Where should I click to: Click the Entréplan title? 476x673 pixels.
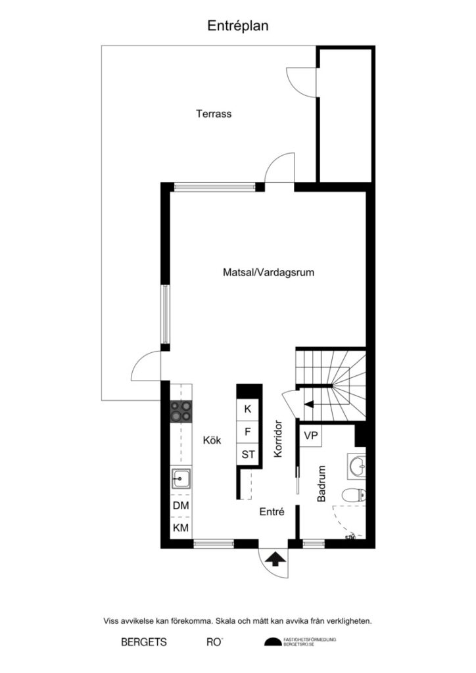(238, 26)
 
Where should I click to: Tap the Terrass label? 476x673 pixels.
(214, 114)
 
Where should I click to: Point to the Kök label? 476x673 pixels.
(212, 442)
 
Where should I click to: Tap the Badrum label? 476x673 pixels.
(321, 484)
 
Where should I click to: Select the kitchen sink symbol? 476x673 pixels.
(181, 479)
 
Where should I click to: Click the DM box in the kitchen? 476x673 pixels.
(181, 507)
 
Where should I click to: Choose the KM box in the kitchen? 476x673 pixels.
(181, 528)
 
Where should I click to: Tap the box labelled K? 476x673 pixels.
(248, 409)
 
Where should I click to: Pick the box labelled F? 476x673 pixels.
(248, 432)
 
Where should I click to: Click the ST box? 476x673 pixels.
(248, 454)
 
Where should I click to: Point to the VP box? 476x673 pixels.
(312, 435)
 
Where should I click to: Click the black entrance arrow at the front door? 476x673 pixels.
(275, 559)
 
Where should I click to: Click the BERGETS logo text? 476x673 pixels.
(144, 642)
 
